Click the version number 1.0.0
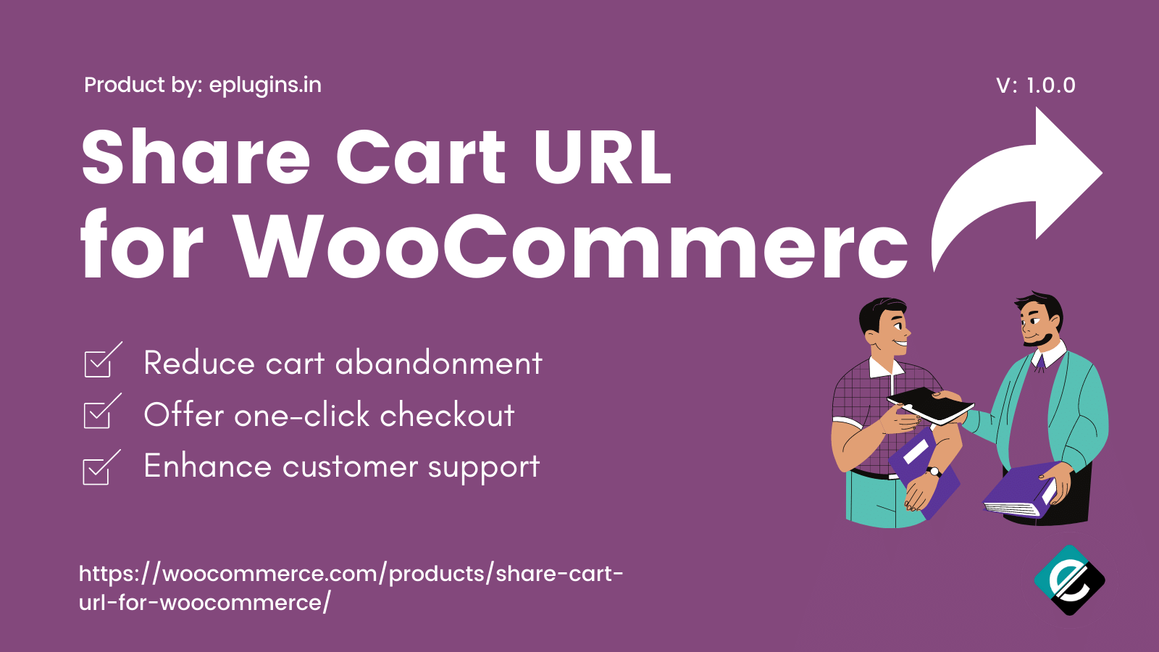tap(1050, 86)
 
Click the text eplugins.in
tap(265, 85)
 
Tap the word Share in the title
tap(196, 157)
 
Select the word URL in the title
tap(603, 157)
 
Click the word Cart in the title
tap(421, 157)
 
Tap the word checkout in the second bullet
tap(447, 415)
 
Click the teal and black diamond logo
tap(1069, 580)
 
